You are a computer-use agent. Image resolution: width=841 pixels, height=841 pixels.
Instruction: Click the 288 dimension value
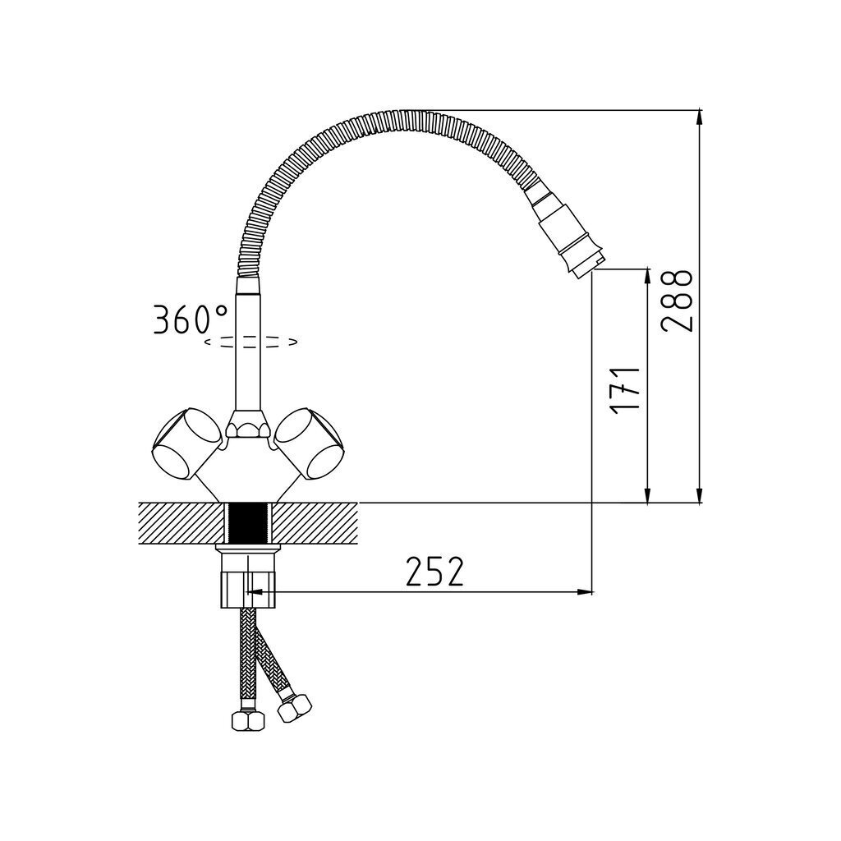677,301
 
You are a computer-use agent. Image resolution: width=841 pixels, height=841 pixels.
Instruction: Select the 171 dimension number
625,388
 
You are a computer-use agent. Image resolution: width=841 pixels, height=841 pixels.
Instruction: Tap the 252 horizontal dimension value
434,572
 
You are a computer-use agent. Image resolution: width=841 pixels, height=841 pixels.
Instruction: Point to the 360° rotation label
191,319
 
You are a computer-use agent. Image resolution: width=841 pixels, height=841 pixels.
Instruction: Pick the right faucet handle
310,443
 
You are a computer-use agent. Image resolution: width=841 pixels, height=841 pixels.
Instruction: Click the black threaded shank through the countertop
248,523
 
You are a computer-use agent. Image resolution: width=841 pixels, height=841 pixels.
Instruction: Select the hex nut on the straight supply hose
248,720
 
